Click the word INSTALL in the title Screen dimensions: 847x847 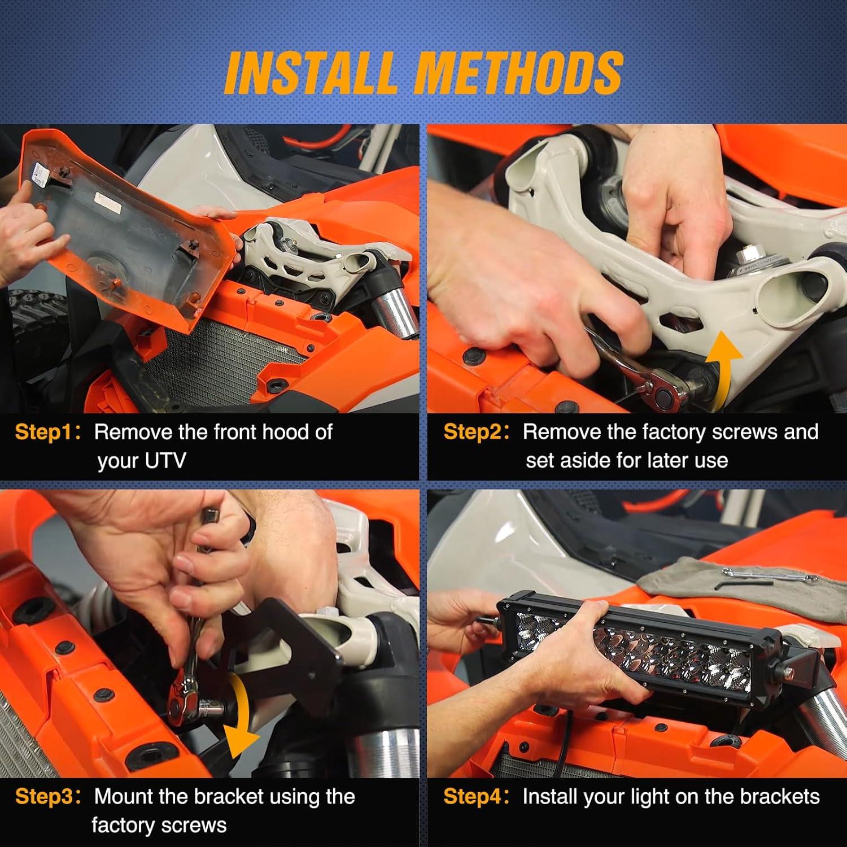pos(310,72)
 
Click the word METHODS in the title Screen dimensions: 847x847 pos(519,72)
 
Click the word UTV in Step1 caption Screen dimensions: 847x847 pos(165,461)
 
